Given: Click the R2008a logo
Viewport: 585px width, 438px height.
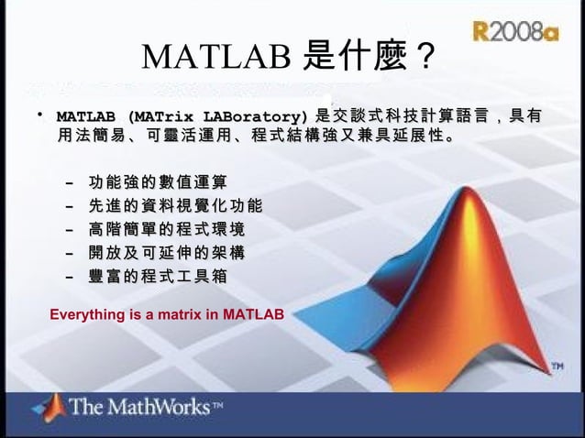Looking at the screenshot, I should coord(515,32).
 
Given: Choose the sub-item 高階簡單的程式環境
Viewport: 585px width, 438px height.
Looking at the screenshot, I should coord(167,228).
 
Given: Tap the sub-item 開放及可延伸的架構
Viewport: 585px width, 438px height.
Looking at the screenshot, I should coord(167,251).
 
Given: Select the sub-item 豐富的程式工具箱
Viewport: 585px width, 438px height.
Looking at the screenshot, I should coord(158,275).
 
